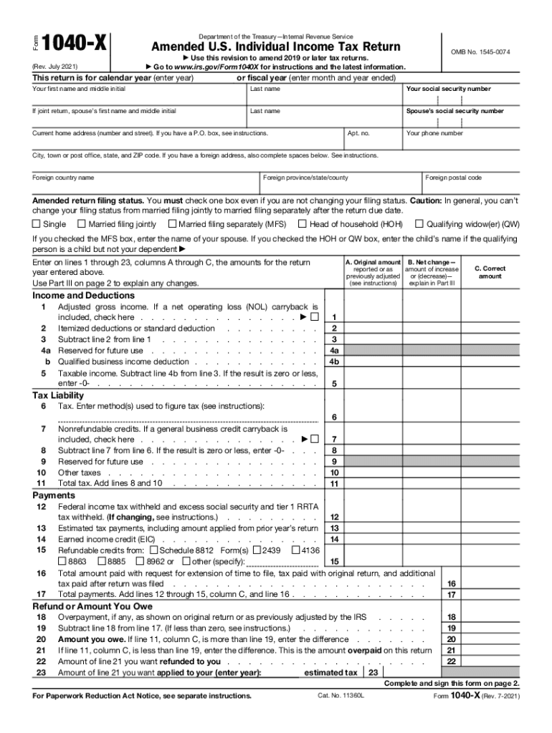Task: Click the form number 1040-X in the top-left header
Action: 75,45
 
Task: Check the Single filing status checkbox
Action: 36,224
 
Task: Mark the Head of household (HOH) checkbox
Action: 303,224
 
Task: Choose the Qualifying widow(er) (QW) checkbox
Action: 420,224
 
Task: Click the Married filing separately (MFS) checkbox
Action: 172,224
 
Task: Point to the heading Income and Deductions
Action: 83,295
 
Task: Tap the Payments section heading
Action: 54,495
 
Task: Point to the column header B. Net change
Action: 432,263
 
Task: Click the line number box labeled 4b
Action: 334,362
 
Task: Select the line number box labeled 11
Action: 334,484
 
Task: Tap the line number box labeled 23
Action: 372,673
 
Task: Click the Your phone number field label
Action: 434,133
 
